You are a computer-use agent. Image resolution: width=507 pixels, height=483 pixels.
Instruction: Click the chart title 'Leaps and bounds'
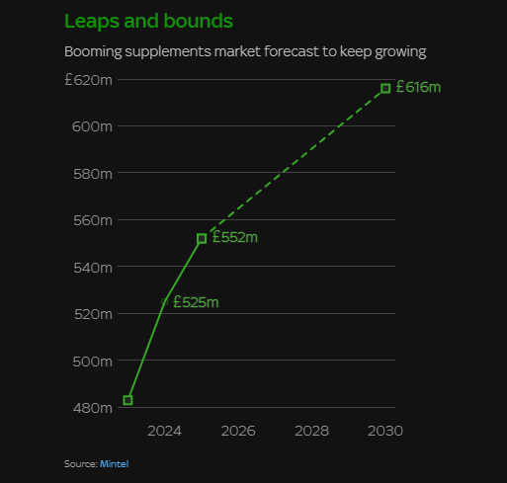pyautogui.click(x=148, y=22)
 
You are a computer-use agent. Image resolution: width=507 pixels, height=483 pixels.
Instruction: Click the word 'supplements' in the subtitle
pyautogui.click(x=168, y=52)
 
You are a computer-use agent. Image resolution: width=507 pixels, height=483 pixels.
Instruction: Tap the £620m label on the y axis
pyautogui.click(x=89, y=80)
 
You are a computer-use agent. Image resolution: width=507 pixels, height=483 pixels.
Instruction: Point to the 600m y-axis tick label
pyautogui.click(x=92, y=126)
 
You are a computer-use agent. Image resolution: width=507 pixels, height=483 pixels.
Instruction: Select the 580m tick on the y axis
pyautogui.click(x=93, y=174)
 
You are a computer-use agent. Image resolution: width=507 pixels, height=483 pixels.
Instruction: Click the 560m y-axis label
pyautogui.click(x=93, y=220)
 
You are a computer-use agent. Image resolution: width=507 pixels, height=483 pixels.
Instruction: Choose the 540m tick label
pyautogui.click(x=93, y=268)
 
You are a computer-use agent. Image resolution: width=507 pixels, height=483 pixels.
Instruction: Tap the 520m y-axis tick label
pyautogui.click(x=93, y=314)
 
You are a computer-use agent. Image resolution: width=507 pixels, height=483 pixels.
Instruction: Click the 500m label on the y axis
pyautogui.click(x=93, y=362)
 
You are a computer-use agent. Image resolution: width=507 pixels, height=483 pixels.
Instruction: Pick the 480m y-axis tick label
pyautogui.click(x=93, y=408)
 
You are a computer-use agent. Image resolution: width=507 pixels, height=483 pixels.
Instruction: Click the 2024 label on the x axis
pyautogui.click(x=164, y=431)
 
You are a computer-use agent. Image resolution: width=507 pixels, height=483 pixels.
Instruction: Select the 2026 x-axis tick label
pyautogui.click(x=238, y=431)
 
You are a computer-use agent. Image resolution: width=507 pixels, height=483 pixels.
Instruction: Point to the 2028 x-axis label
pyautogui.click(x=311, y=431)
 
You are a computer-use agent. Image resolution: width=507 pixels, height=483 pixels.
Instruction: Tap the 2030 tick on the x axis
pyautogui.click(x=385, y=431)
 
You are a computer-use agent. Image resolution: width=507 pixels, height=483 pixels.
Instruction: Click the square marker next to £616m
pyautogui.click(x=385, y=88)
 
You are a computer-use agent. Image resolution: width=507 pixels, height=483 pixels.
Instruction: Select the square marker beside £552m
pyautogui.click(x=202, y=238)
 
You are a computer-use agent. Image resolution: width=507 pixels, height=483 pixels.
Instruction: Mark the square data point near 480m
pyautogui.click(x=127, y=400)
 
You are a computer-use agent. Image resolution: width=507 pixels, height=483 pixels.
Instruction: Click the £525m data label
pyautogui.click(x=196, y=302)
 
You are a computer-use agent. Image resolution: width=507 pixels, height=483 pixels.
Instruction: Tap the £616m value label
pyautogui.click(x=418, y=87)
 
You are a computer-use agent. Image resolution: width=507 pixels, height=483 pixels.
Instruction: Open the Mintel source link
pyautogui.click(x=115, y=464)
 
